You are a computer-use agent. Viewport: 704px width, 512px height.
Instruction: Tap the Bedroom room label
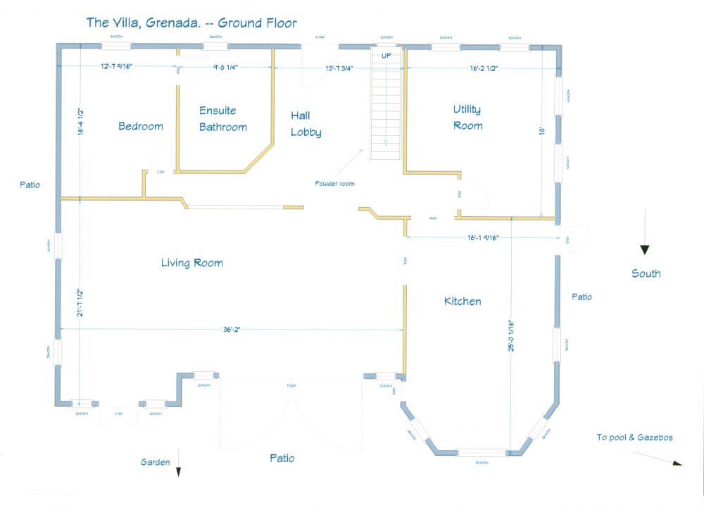[x=140, y=127]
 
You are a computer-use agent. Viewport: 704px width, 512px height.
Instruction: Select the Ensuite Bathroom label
[x=222, y=119]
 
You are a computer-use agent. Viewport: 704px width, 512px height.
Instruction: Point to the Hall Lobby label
[x=306, y=124]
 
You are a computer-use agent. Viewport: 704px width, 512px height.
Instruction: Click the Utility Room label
[x=467, y=118]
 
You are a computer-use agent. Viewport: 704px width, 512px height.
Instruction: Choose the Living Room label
[x=191, y=263]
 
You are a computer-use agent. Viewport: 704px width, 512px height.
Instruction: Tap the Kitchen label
[x=463, y=301]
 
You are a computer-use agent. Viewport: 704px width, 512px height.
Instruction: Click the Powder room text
[x=334, y=184]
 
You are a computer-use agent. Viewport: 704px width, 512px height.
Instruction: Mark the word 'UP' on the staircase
[x=386, y=56]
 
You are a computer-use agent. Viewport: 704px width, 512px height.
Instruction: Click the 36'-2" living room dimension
[x=232, y=329]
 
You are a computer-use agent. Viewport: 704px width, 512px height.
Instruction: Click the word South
[x=646, y=273]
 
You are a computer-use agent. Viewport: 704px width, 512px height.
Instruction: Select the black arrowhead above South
[x=644, y=249]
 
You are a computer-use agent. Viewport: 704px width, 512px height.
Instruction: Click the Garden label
[x=155, y=463]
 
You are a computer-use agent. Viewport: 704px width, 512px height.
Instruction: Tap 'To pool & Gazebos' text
[x=634, y=437]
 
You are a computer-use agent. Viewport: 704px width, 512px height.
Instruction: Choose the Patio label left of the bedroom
[x=30, y=185]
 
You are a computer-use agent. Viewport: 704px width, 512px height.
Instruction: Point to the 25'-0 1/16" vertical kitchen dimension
[x=512, y=341]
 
